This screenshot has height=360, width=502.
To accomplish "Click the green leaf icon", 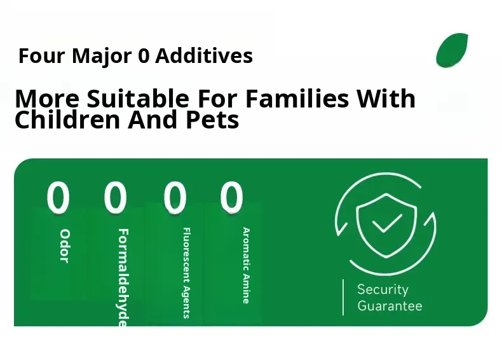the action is tap(452, 50).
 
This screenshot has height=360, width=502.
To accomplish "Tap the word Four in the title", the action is tap(41, 56).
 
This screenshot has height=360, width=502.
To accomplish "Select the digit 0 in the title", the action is tap(144, 56).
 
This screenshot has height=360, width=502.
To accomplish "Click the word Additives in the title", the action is tap(204, 56).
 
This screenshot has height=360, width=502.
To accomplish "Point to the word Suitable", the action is tap(138, 98).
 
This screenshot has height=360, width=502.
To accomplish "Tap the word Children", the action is tap(67, 120).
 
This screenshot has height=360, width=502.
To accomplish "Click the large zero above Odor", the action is tap(58, 197).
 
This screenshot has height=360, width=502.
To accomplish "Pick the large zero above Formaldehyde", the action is tap(115, 197).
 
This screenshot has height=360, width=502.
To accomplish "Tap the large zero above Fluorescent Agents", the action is tap(175, 197).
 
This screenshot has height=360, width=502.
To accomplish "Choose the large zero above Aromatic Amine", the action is tap(231, 197).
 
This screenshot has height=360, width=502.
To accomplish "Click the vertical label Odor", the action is tap(65, 246).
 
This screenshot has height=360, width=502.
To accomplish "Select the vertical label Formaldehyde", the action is tap(123, 277).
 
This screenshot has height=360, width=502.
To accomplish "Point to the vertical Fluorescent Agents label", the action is tap(186, 273).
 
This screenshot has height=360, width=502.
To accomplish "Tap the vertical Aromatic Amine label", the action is tap(246, 265).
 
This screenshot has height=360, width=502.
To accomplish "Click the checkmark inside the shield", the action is tap(387, 223).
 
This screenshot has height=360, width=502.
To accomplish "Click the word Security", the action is tap(383, 290).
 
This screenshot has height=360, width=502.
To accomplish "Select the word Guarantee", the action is tap(390, 305).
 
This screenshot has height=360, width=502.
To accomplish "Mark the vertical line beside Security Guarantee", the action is tap(343, 297).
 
